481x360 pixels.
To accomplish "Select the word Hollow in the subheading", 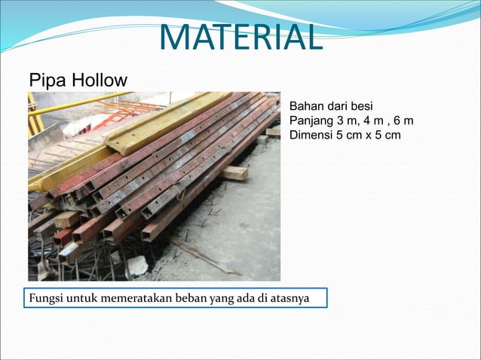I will click(100, 80).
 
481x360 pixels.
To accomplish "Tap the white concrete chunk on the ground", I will click(137, 265).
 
